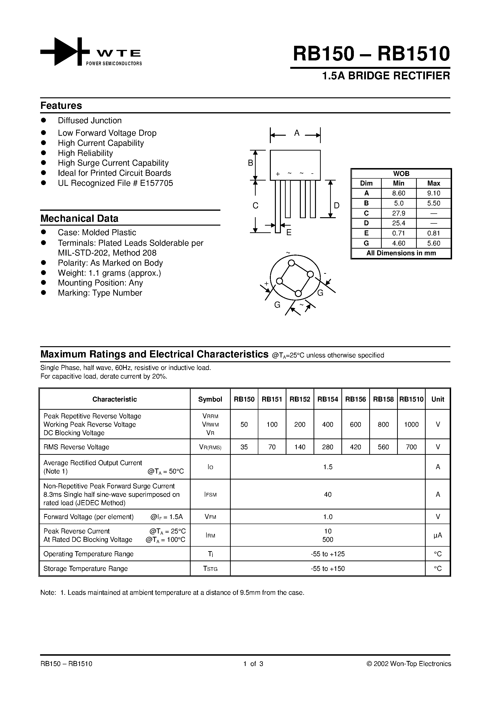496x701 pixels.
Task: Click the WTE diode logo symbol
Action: point(65,52)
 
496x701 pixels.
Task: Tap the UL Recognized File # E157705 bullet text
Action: point(115,183)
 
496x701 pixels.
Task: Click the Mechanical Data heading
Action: point(79,219)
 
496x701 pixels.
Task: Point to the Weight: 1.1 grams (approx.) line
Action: point(109,273)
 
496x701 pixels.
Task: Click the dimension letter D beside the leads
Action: point(336,205)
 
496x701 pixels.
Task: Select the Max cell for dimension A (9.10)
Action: point(433,193)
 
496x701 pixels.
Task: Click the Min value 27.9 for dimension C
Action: point(399,213)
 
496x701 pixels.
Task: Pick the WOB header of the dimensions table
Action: point(401,173)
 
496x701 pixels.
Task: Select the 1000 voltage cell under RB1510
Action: point(411,424)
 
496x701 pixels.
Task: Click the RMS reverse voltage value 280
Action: point(327,447)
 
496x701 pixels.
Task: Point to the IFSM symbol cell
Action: point(210,495)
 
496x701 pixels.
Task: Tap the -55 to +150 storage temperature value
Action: point(327,568)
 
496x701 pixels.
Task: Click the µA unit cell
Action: point(438,535)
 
